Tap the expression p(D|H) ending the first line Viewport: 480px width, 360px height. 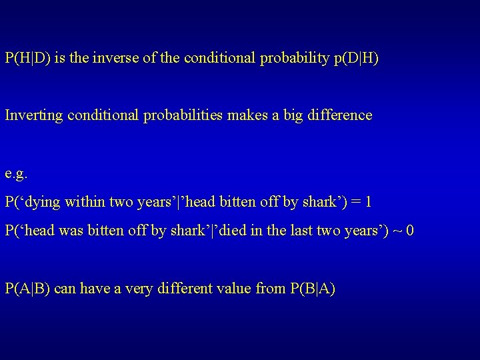click(x=355, y=59)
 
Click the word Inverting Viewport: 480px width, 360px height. click(x=31, y=115)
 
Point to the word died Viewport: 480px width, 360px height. click(x=239, y=231)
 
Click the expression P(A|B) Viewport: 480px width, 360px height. click(x=27, y=289)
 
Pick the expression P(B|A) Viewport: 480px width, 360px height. click(x=313, y=289)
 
